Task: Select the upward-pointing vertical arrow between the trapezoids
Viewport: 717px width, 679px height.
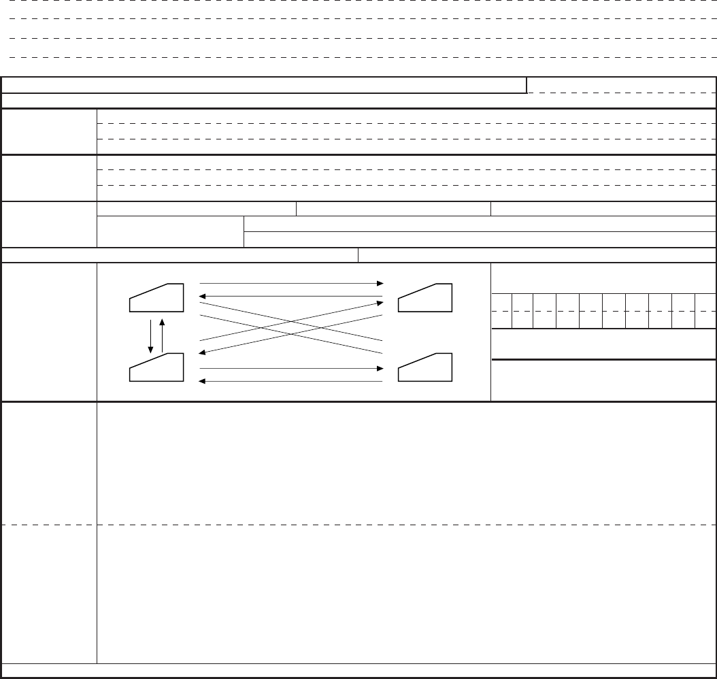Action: pos(162,333)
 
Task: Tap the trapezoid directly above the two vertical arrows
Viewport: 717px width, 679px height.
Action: pos(156,298)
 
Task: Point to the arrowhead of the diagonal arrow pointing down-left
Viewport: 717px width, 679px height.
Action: pos(202,352)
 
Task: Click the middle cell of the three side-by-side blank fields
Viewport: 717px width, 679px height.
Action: pos(394,208)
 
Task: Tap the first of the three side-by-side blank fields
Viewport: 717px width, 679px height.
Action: pos(197,208)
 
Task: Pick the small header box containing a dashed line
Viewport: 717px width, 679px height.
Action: pos(622,85)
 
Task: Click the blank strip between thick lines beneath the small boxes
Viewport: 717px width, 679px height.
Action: pos(603,344)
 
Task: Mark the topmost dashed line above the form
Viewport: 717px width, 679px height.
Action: pos(358,5)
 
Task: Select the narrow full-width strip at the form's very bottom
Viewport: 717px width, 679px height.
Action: pos(358,671)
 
